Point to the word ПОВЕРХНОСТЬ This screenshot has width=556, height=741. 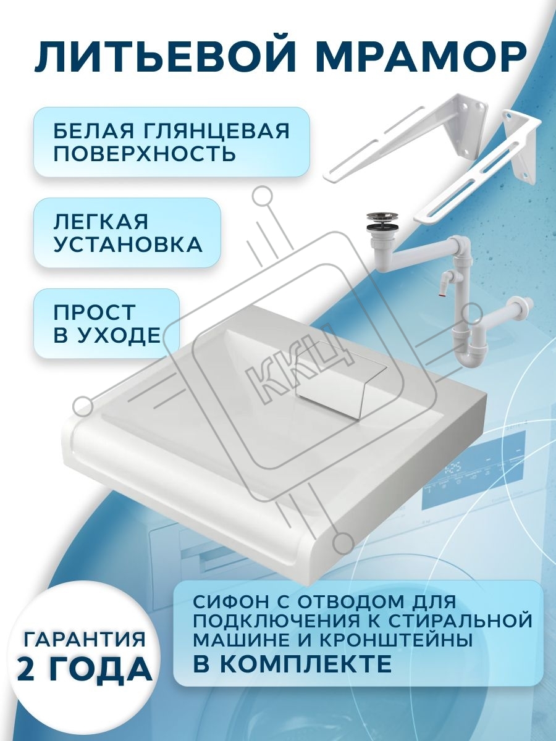point(145,154)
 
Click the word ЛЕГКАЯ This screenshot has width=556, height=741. point(101,222)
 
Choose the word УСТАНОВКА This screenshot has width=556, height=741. point(128,245)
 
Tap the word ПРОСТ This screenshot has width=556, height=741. point(94,312)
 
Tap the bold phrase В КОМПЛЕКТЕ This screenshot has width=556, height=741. point(293,664)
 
